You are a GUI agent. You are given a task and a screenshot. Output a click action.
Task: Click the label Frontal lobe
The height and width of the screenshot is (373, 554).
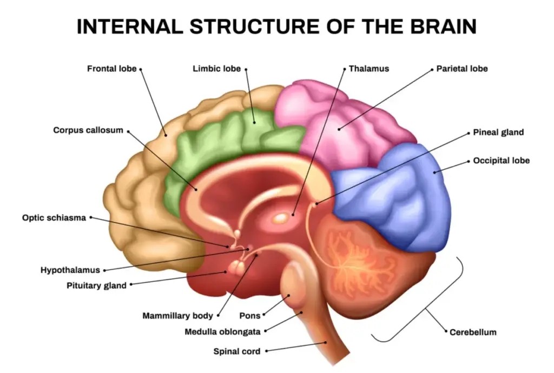(x=111, y=69)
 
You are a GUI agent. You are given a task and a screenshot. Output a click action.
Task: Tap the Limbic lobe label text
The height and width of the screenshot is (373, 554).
(x=216, y=69)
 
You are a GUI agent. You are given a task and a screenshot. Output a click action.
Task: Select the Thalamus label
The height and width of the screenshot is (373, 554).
(x=369, y=69)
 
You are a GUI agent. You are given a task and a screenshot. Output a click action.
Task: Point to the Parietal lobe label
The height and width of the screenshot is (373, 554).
(x=462, y=69)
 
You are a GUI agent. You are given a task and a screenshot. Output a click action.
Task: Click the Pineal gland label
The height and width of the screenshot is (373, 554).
(x=498, y=132)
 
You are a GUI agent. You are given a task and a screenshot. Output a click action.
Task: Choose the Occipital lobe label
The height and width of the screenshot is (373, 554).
(x=501, y=161)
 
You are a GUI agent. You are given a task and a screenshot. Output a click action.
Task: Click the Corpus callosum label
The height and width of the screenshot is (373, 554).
(x=88, y=130)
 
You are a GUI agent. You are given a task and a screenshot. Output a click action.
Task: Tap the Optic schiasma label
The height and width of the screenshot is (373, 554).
(x=54, y=218)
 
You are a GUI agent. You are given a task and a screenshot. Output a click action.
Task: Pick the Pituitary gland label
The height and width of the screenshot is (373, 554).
(x=96, y=285)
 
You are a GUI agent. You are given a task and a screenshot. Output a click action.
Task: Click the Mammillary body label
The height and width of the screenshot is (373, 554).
(x=177, y=315)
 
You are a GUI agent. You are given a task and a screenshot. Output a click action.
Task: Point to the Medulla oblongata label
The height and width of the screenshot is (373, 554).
(x=222, y=331)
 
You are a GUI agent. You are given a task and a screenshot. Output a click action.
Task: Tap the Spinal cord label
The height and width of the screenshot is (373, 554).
(x=237, y=351)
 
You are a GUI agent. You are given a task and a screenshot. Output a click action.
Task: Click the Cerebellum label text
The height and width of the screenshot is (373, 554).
(x=473, y=332)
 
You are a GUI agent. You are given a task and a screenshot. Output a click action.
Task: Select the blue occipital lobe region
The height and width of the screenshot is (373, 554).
(x=400, y=200)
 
